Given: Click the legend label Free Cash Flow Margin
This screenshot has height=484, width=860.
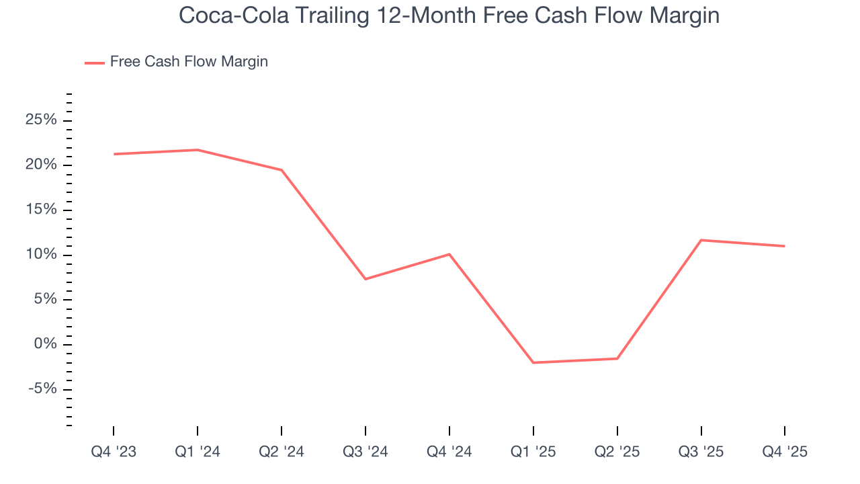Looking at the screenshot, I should (189, 62).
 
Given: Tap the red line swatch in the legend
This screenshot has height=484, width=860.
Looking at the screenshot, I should (94, 63).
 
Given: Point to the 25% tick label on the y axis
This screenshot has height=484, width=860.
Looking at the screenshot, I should (40, 120).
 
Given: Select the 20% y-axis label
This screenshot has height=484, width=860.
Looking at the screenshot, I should (40, 165).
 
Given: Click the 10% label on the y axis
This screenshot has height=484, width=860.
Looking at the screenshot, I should (40, 255).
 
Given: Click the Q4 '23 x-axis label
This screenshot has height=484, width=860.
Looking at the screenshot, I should (114, 452).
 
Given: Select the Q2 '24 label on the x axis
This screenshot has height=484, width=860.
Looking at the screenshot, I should (282, 452).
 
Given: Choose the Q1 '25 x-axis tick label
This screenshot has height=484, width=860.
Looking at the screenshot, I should (533, 452).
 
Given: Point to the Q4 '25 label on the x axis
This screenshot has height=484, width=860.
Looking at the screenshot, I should (785, 452).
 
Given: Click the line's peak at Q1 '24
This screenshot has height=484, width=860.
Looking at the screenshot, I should (198, 150).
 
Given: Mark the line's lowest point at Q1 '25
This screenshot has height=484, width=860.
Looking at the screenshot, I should (533, 362).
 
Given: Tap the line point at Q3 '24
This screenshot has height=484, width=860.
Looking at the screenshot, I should (365, 279).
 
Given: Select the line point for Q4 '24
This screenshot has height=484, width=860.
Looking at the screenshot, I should (449, 254).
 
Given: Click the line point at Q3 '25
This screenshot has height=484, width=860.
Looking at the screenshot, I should (701, 240).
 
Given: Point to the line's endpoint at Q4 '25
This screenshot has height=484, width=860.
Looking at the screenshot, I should (785, 246).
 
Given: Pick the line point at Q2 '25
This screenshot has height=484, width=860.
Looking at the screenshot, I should (617, 358).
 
